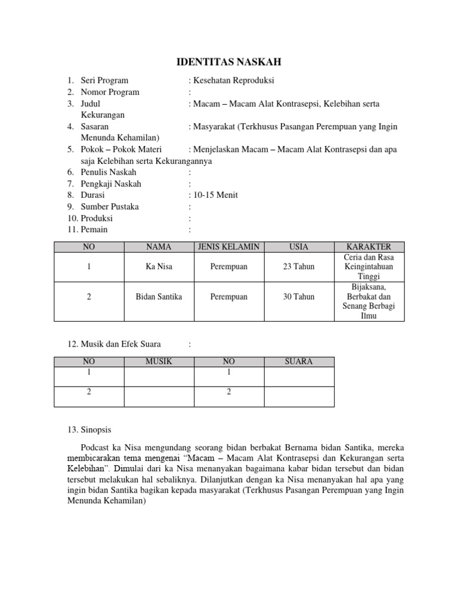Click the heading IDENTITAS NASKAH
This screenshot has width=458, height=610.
tap(230, 61)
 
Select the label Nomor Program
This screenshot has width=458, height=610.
tap(110, 92)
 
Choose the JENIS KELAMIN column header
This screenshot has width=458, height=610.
tap(228, 247)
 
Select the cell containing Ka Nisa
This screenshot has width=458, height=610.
tap(159, 266)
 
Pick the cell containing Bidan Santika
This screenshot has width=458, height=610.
tap(159, 296)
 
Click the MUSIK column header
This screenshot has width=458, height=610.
tap(159, 361)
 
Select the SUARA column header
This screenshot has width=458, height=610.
tap(299, 361)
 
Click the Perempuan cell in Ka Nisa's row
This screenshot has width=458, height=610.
tap(228, 266)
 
